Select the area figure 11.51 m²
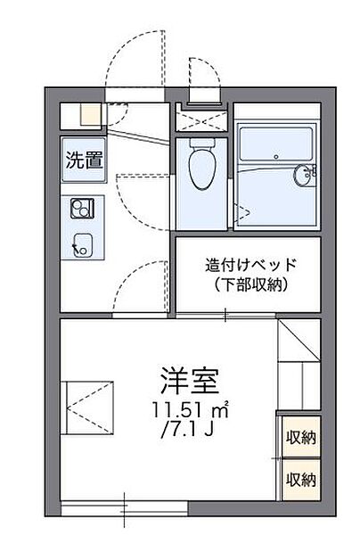(x=189, y=412)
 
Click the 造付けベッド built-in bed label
(x=250, y=265)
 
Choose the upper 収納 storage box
(x=300, y=438)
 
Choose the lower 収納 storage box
(x=300, y=481)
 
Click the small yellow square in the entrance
(x=91, y=115)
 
